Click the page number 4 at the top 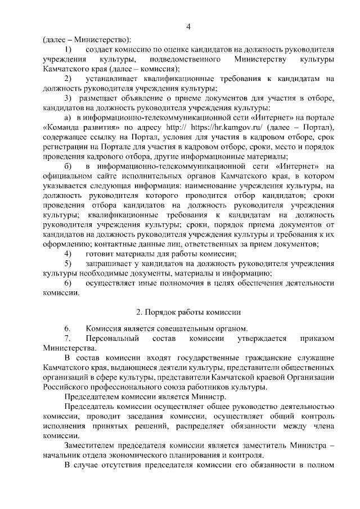click(x=189, y=26)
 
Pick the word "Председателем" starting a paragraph click(x=93, y=397)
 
